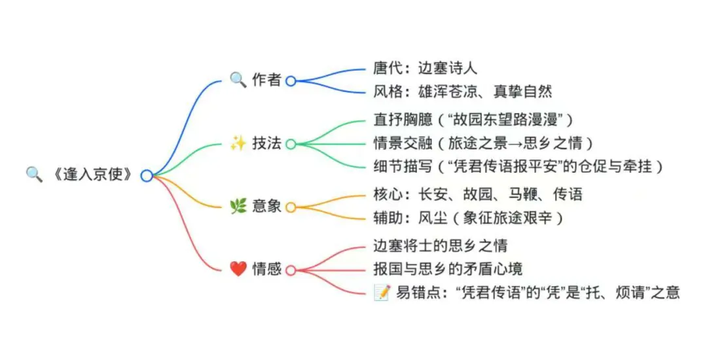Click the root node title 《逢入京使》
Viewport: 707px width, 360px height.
tap(94, 175)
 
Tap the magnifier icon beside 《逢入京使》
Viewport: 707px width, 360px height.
tap(33, 174)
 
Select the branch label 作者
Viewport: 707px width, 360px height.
tap(266, 81)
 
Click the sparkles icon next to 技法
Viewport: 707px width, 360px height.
tap(238, 143)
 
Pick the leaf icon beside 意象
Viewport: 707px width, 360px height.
tap(238, 207)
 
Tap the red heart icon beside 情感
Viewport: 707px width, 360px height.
tap(238, 268)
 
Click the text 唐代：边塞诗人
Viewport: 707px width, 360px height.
tap(426, 67)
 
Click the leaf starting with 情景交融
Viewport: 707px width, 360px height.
tap(482, 143)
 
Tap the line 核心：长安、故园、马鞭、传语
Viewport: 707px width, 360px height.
tap(477, 194)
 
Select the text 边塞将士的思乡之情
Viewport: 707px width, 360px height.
tap(440, 245)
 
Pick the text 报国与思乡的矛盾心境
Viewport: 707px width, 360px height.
tap(448, 269)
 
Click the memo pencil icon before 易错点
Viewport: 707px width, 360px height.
tap(382, 293)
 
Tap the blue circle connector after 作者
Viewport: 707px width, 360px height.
tap(291, 81)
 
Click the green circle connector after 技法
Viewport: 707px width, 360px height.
tap(291, 144)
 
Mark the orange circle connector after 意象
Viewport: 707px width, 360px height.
tap(291, 207)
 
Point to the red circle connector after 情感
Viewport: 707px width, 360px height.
tap(291, 270)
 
